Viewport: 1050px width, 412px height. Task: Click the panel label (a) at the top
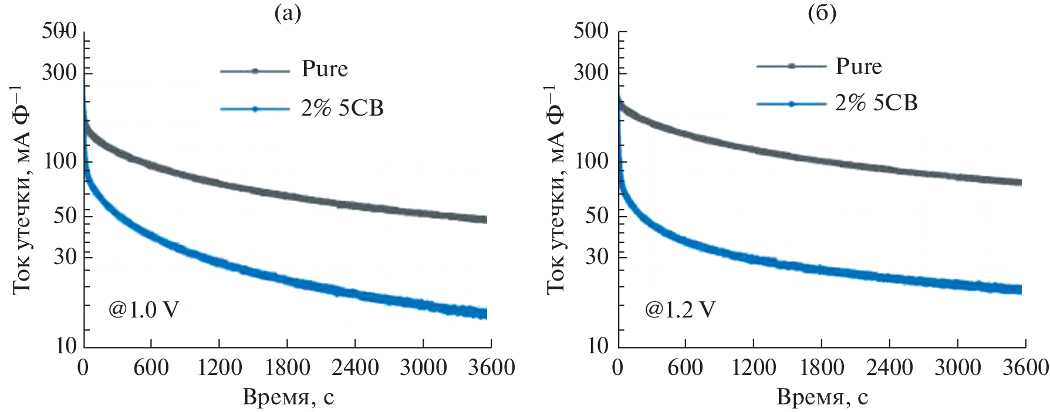pos(288,13)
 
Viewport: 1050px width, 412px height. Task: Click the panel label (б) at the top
pos(822,13)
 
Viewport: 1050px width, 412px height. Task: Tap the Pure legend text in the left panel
pos(325,69)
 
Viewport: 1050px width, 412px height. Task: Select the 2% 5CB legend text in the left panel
pos(342,109)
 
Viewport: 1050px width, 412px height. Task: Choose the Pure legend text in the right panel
pos(858,67)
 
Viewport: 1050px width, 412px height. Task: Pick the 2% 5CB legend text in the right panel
pos(876,103)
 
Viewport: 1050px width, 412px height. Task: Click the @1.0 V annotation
pos(143,309)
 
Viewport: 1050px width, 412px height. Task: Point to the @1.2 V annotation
pos(680,309)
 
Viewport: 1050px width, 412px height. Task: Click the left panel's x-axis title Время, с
pos(288,397)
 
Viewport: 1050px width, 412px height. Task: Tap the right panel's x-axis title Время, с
pos(822,397)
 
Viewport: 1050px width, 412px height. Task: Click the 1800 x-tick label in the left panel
pos(287,368)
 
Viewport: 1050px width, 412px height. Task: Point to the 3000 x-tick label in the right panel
pos(957,368)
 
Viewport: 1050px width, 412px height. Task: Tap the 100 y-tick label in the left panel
pos(60,160)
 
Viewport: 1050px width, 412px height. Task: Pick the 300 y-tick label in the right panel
pos(592,72)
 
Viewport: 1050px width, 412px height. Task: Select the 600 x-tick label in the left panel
pos(151,368)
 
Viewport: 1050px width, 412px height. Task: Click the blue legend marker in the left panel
pos(255,109)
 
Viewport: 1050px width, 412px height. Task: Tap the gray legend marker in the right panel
pos(791,66)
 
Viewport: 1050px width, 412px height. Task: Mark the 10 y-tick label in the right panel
pos(598,346)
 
